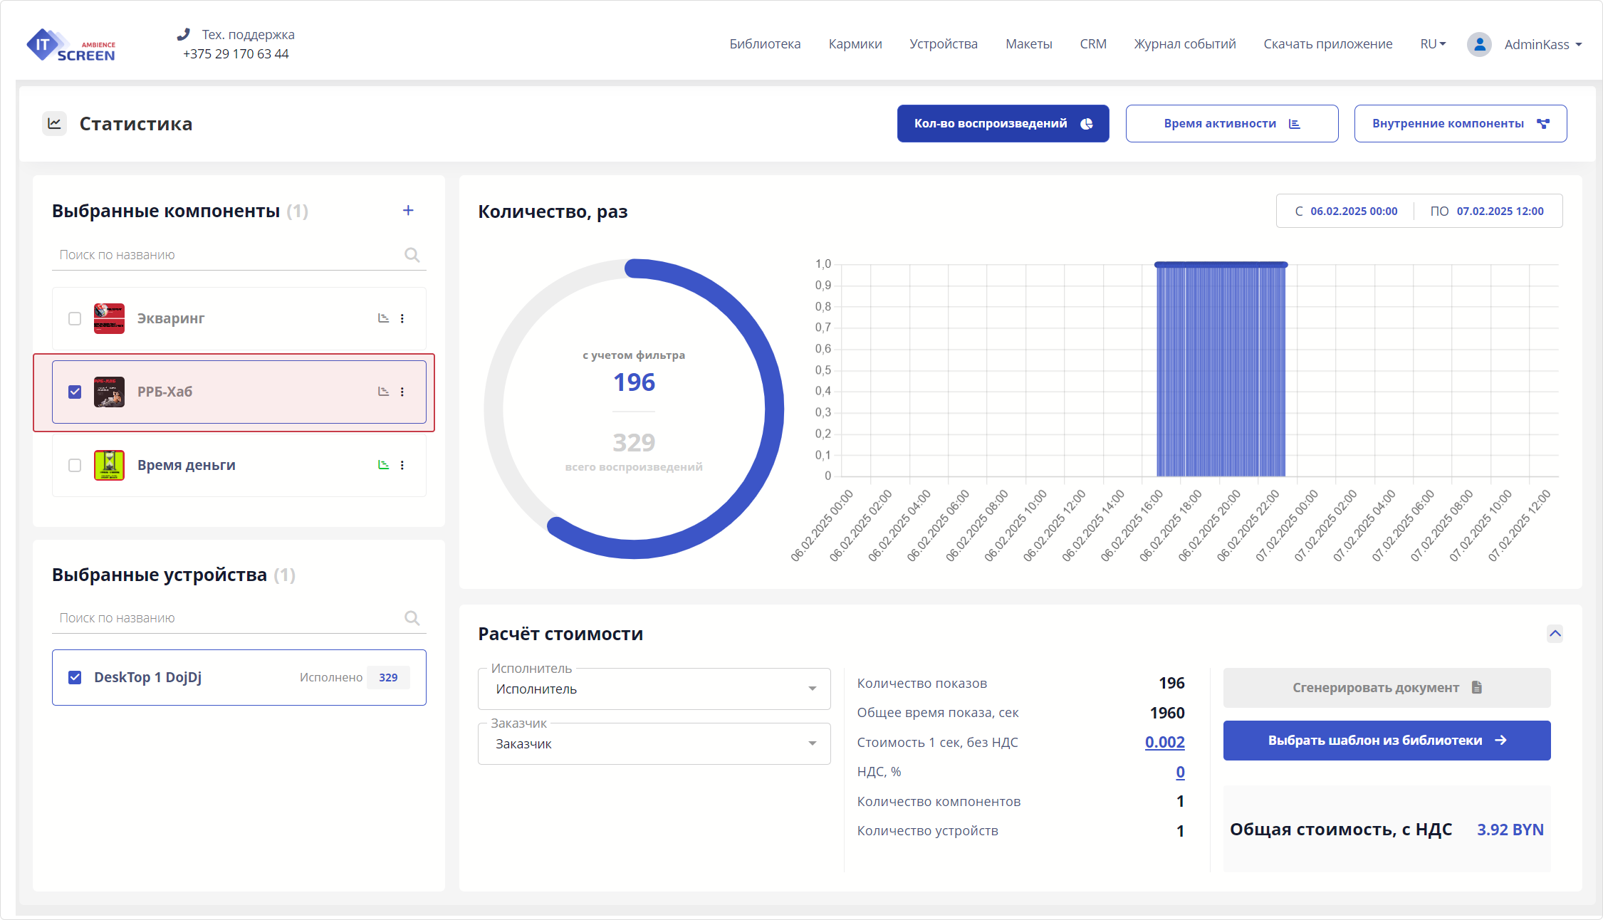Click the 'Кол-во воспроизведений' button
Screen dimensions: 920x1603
tap(1003, 124)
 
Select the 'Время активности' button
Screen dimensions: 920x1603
tap(1231, 124)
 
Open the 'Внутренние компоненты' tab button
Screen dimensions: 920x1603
tap(1460, 124)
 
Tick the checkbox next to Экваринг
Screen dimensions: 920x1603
tap(75, 318)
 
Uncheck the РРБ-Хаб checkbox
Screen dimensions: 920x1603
tap(75, 392)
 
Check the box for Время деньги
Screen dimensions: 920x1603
tap(75, 465)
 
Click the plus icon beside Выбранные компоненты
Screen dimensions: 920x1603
tap(408, 210)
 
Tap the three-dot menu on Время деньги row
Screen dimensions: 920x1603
tap(402, 465)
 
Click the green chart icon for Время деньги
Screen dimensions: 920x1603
tap(383, 465)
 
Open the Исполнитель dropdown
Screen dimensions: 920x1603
tap(654, 689)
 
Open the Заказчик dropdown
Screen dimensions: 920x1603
tap(654, 743)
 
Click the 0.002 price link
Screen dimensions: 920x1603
tap(1164, 742)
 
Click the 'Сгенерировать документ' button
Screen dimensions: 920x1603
tap(1386, 688)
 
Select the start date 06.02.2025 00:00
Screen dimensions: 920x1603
tap(1353, 211)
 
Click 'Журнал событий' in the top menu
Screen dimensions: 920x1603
tap(1184, 44)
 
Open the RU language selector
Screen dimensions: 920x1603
tap(1432, 44)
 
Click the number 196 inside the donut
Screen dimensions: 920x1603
tap(634, 382)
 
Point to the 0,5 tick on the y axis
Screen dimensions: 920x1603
tap(823, 370)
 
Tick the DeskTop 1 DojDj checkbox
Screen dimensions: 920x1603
tap(75, 677)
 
